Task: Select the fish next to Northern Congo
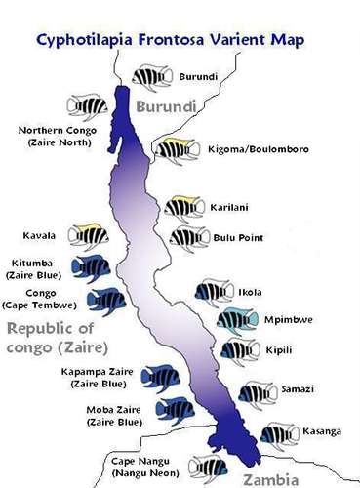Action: (x=89, y=105)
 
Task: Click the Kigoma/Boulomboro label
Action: (x=245, y=149)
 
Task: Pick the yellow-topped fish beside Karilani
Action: (x=184, y=207)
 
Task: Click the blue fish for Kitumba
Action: (x=94, y=266)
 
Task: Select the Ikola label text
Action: (x=250, y=291)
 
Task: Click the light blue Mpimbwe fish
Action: (x=237, y=320)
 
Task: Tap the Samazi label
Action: (x=297, y=389)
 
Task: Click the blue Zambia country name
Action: (x=298, y=478)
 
